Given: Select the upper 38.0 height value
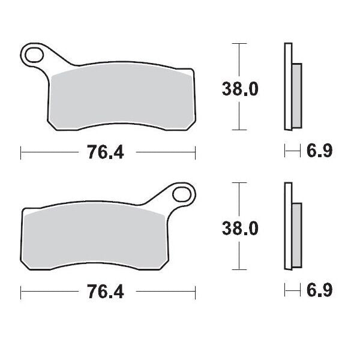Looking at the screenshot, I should tap(240, 89).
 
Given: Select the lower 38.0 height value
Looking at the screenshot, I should tap(240, 228).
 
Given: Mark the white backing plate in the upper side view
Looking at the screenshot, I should tap(288, 87).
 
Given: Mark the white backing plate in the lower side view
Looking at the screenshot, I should tap(288, 228).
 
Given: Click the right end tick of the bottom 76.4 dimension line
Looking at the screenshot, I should tap(195, 293).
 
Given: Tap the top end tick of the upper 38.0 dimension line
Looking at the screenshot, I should tap(239, 44).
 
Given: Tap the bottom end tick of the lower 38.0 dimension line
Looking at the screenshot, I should tap(239, 271).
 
